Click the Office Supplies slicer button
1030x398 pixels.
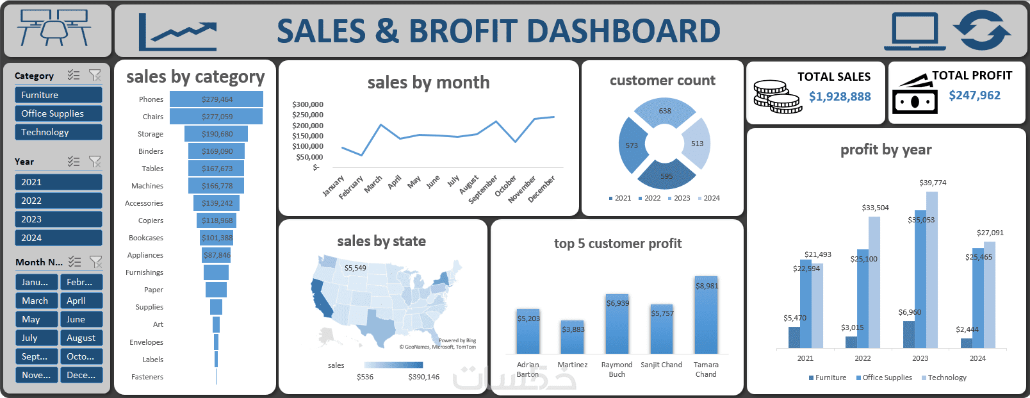point(58,113)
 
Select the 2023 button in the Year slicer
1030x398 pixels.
point(58,219)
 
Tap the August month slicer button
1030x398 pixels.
point(81,338)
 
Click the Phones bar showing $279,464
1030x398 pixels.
point(217,99)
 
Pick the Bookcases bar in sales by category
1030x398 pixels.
point(217,238)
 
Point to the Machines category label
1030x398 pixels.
point(147,186)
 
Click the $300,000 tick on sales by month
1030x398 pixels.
point(307,104)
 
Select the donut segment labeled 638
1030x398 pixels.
point(665,112)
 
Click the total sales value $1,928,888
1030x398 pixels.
point(839,97)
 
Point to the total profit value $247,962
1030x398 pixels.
point(974,95)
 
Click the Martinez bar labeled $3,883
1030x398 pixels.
point(573,337)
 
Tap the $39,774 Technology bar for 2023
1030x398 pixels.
point(932,269)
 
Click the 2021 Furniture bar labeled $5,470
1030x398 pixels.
point(794,337)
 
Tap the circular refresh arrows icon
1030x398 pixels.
point(981,30)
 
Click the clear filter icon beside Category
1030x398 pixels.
point(95,76)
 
